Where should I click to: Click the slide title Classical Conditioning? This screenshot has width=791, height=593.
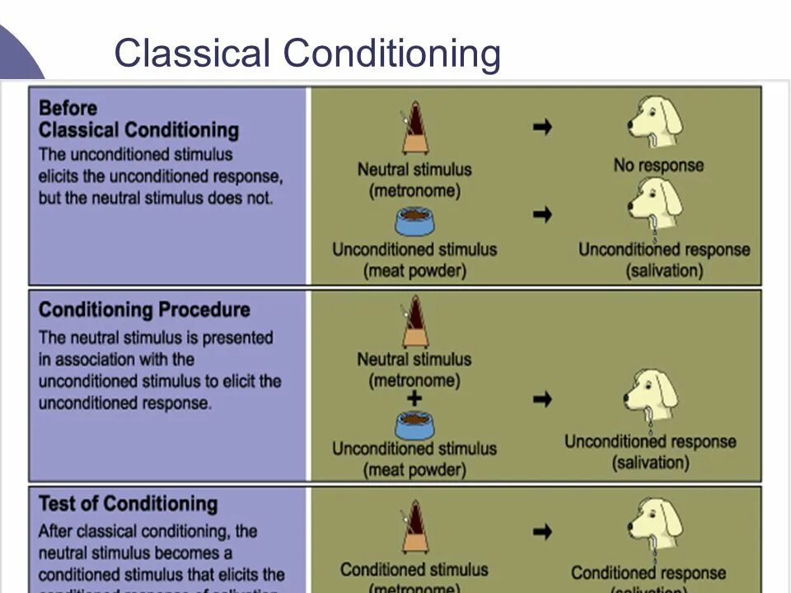307,54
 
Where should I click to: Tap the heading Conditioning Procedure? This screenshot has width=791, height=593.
144,311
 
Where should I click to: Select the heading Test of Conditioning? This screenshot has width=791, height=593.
128,503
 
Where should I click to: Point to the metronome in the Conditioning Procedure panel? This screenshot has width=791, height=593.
414,322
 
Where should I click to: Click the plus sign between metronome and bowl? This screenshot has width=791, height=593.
414,399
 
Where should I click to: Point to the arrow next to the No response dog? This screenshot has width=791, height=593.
541,127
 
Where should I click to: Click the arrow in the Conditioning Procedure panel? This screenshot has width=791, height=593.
541,399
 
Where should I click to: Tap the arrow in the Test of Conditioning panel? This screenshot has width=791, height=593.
541,530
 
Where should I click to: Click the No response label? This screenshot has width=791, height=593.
658,165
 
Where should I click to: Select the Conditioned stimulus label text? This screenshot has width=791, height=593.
414,569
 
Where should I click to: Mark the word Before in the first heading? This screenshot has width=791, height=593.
68,108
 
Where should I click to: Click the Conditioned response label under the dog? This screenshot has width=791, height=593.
648,572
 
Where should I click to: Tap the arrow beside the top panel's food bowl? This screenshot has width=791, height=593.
541,214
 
